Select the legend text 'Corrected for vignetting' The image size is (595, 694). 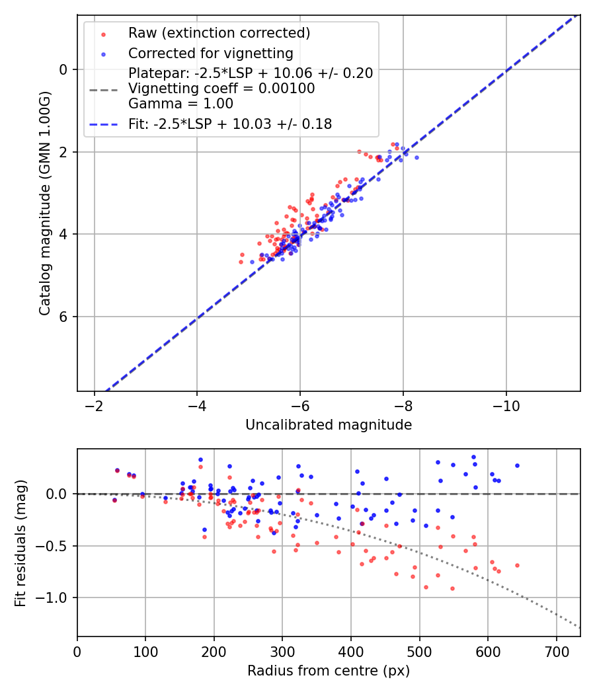[x=211, y=53]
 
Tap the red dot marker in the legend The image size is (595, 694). [x=103, y=33]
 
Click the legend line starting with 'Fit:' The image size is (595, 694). [x=230, y=124]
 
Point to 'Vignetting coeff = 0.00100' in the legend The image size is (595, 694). [x=221, y=89]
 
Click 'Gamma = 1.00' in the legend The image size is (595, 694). [x=180, y=104]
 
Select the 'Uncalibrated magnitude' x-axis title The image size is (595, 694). [x=329, y=425]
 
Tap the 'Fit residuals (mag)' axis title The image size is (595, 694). [x=20, y=543]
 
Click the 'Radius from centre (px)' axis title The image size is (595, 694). [x=329, y=671]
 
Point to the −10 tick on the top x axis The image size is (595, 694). [x=506, y=405]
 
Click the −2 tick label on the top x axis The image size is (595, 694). [x=94, y=405]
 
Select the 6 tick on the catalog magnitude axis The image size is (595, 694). [x=64, y=317]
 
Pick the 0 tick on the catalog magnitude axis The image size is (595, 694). [x=64, y=69]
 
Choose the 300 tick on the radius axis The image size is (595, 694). [x=282, y=650]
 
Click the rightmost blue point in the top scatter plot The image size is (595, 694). [x=416, y=157]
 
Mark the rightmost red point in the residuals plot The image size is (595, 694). [x=517, y=565]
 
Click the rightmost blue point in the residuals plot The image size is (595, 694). [x=517, y=465]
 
